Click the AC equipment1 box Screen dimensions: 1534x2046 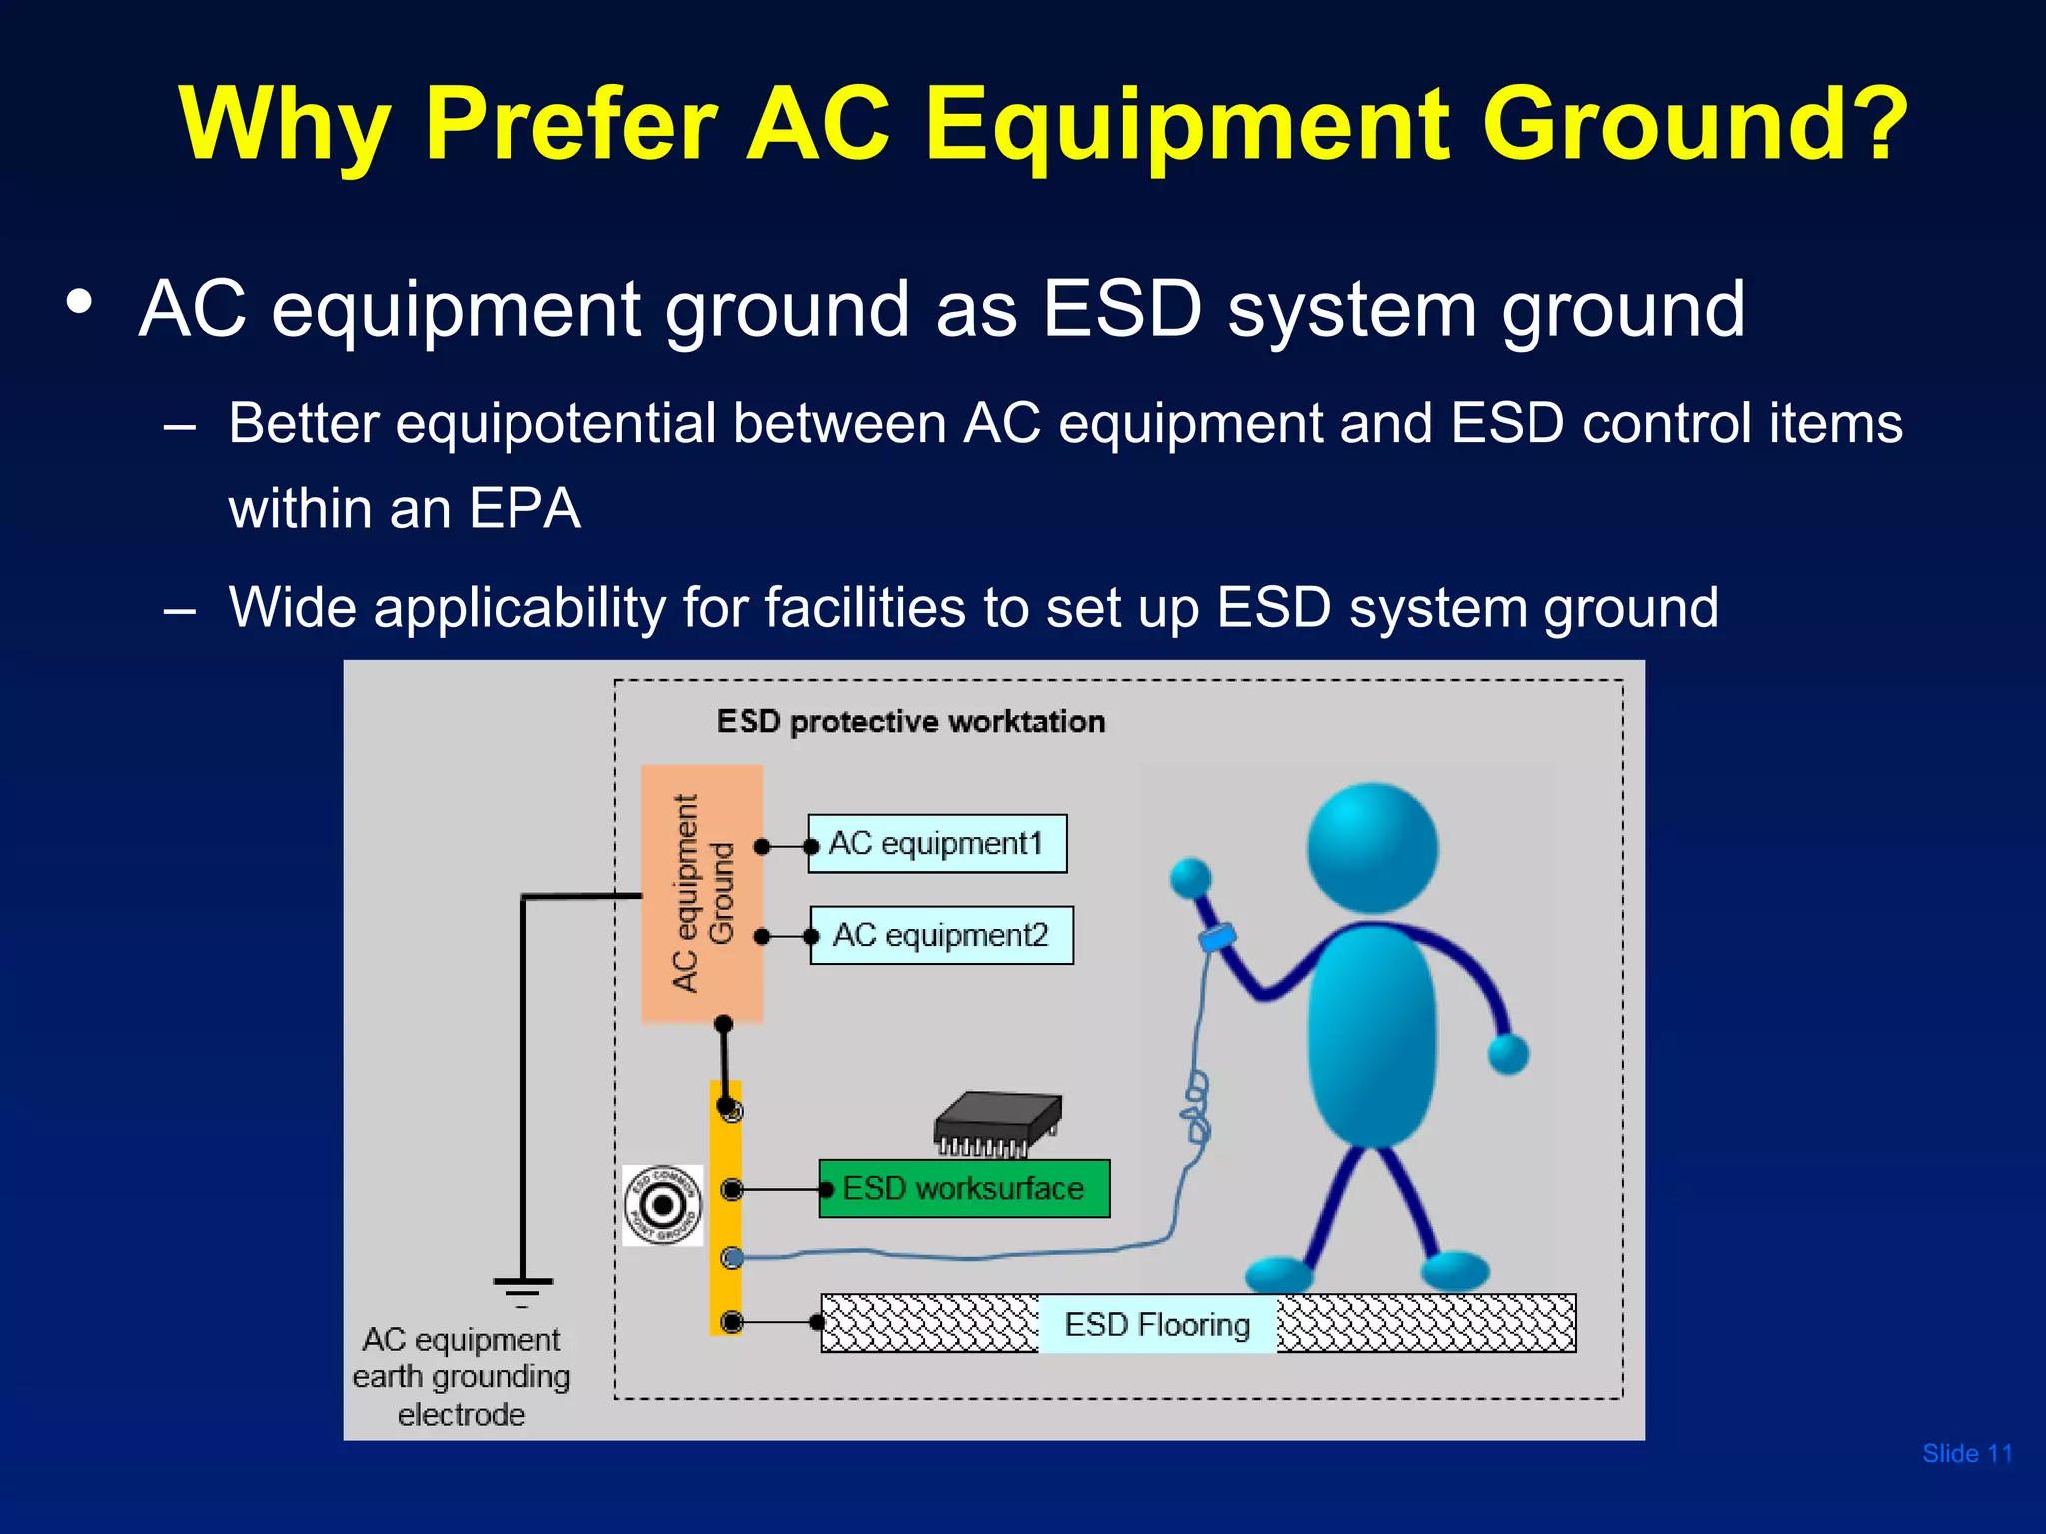937,844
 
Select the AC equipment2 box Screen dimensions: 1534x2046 941,935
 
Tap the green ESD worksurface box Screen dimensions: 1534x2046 964,1188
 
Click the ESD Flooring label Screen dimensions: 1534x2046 1157,1324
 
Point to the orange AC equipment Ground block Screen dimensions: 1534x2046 702,893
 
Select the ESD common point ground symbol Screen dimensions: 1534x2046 662,1205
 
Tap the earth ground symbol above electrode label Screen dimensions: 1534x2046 522,1291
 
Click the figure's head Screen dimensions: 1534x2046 1372,847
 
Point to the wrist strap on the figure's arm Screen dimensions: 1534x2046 1217,937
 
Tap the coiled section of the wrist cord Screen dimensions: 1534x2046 1196,1108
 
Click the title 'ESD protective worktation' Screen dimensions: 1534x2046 910,721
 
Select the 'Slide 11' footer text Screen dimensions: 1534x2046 1966,1453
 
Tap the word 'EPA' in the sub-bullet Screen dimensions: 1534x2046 524,509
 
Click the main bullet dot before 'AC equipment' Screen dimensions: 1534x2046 80,302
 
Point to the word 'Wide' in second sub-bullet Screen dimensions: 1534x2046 292,607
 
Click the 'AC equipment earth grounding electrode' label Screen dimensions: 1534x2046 461,1376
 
